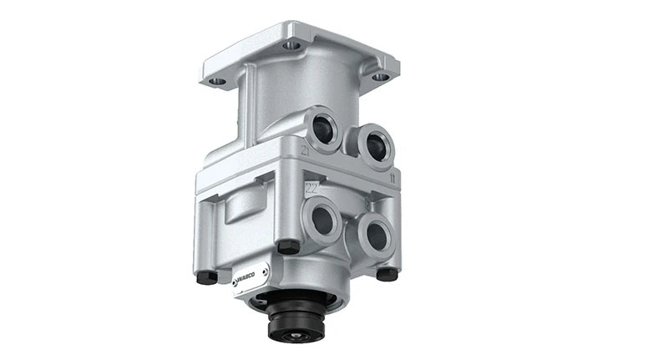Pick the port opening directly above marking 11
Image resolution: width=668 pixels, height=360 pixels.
pyautogui.click(x=373, y=142)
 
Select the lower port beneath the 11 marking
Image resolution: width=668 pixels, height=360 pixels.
pyautogui.click(x=375, y=236)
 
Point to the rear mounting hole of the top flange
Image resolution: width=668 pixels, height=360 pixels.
pyautogui.click(x=290, y=45)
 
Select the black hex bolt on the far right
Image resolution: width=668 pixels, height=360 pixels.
pyautogui.click(x=387, y=273)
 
